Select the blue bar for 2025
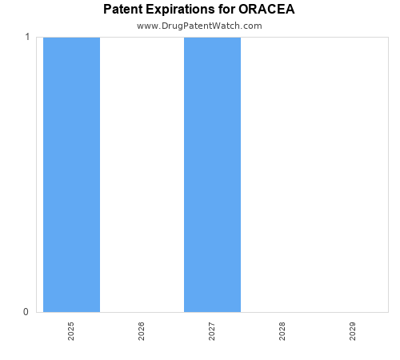tap(71, 174)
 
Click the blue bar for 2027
tap(212, 174)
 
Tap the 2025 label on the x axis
tap(71, 331)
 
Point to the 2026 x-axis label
tap(142, 331)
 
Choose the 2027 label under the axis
tap(212, 331)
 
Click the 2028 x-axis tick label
tap(282, 331)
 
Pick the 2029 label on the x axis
tap(353, 331)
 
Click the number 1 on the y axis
tap(27, 37)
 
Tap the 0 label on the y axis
tap(26, 312)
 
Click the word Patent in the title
tap(123, 10)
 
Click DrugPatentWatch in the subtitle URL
tap(202, 26)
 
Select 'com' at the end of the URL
tap(253, 26)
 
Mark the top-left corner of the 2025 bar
tap(43, 38)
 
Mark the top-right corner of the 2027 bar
tap(241, 38)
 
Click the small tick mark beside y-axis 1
tap(34, 37)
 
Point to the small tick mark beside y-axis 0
tap(34, 312)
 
